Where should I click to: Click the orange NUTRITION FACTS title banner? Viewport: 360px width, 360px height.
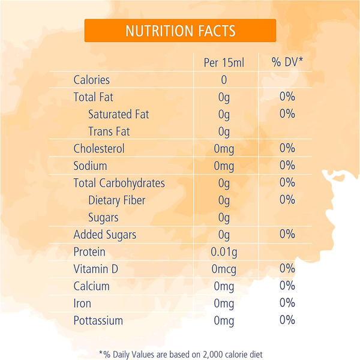tap(180, 31)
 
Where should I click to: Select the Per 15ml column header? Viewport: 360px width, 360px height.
tap(224, 62)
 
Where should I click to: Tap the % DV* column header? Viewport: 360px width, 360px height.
tap(287, 62)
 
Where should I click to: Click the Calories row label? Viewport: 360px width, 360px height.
tap(91, 80)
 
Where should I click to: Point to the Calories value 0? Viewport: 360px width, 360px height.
tap(224, 80)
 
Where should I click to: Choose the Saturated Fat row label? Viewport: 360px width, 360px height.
tap(118, 114)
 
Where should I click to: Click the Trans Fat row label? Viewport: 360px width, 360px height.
tap(109, 131)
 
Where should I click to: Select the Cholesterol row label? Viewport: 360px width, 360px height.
tap(99, 148)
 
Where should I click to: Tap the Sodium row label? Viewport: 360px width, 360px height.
tap(90, 166)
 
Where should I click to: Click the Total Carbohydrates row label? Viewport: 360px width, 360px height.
tap(119, 183)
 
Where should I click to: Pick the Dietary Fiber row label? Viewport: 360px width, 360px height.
tap(116, 200)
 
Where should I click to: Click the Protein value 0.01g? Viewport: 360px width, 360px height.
tap(224, 252)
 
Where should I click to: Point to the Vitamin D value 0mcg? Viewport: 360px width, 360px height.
tap(224, 269)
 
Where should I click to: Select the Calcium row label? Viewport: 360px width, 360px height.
tap(91, 286)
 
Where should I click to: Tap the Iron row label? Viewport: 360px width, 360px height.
tap(83, 303)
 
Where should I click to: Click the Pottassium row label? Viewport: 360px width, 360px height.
tap(98, 320)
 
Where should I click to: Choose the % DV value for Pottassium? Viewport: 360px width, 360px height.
tap(287, 320)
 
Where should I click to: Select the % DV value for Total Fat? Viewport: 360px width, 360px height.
tap(287, 97)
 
